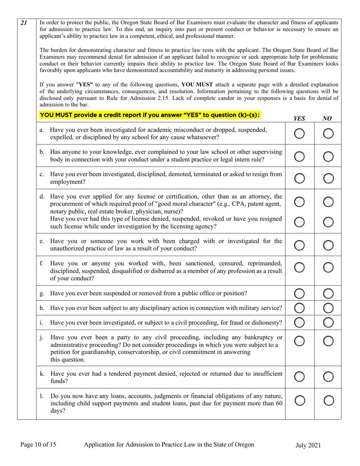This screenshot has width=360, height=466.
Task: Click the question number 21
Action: point(23,23)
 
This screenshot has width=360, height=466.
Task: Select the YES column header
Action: point(299,118)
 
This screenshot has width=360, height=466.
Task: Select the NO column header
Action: point(327,118)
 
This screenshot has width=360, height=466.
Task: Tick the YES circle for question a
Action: point(299,133)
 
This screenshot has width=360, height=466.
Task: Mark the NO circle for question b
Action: point(328,156)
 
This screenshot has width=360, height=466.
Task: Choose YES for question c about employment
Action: point(299,178)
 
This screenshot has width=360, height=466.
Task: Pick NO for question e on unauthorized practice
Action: point(328,245)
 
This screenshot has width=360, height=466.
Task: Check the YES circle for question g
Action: point(299,293)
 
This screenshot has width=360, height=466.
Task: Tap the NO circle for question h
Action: point(328,308)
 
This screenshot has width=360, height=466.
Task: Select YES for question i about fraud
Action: point(299,322)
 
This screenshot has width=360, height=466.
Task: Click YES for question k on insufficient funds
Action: point(299,377)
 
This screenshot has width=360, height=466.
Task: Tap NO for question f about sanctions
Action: point(328,267)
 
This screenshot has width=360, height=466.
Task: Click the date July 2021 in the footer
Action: point(308,446)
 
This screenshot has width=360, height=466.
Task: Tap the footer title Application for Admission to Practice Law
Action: point(169,445)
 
